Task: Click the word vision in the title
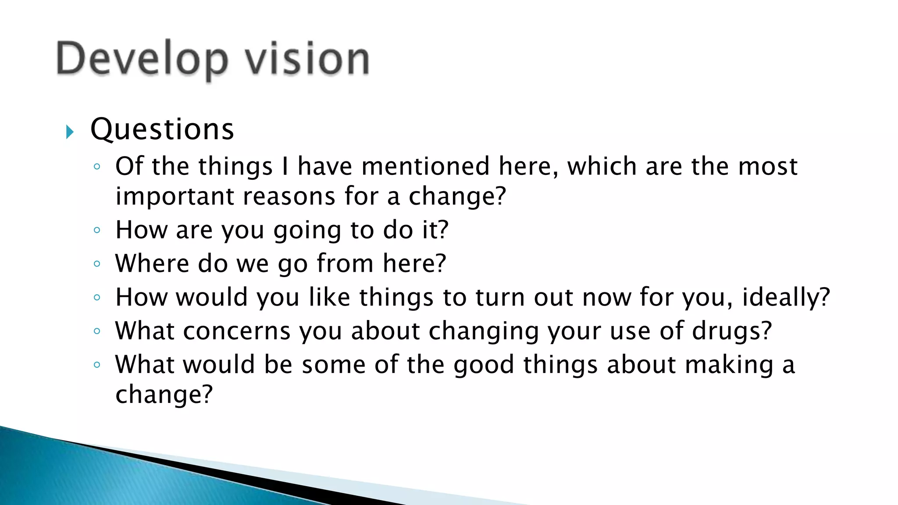[x=307, y=59]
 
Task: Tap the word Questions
[x=162, y=130]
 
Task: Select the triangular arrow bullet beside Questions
[x=70, y=132]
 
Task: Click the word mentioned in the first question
[x=425, y=167]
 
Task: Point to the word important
[x=175, y=196]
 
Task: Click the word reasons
[x=289, y=196]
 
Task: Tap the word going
[x=307, y=230]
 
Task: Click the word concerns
[x=237, y=331]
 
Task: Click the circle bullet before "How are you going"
[x=97, y=230]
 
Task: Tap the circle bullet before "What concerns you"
[x=97, y=331]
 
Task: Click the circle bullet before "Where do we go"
[x=97, y=263]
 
